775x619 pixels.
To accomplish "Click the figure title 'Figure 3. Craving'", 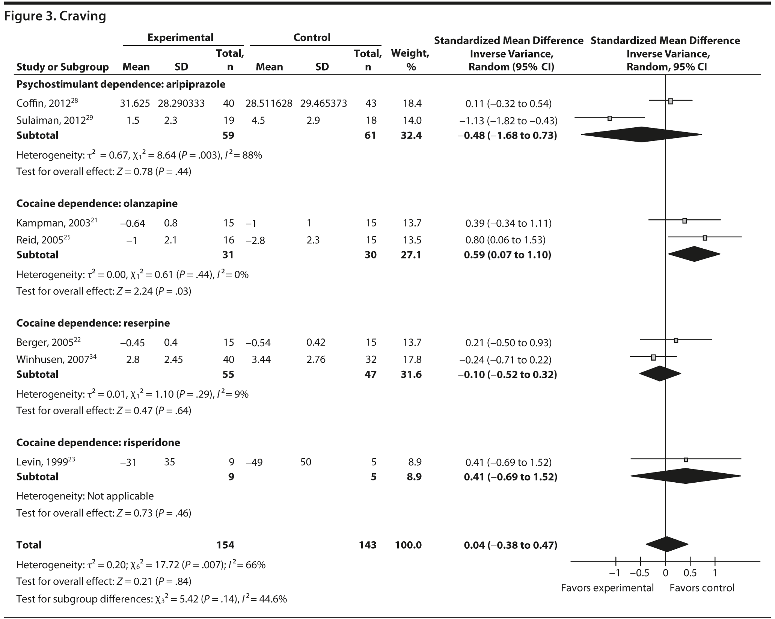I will click(55, 17).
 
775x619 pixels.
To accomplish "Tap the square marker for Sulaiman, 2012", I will click(609, 118).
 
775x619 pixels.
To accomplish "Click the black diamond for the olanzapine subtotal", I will click(694, 254).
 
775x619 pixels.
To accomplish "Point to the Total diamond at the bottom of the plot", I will click(667, 544).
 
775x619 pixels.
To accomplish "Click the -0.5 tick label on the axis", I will click(639, 573).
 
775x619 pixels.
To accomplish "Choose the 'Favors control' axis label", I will click(702, 588).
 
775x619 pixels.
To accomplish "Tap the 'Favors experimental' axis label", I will click(607, 588).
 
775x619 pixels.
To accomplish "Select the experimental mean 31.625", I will click(134, 103).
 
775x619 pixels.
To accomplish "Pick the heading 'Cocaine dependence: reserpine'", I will click(93, 323).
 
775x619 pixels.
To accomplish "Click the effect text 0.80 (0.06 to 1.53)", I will click(505, 240).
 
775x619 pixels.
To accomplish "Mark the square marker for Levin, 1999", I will click(686, 460).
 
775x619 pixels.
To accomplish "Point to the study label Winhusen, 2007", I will click(56, 359).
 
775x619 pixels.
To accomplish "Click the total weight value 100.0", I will click(408, 545).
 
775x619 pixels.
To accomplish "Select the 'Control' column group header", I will click(312, 38).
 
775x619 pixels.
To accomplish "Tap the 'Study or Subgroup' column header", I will click(62, 67).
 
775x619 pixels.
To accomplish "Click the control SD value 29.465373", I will click(323, 103).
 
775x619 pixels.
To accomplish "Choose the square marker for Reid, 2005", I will click(705, 238).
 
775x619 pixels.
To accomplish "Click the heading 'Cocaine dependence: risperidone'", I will click(98, 442).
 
